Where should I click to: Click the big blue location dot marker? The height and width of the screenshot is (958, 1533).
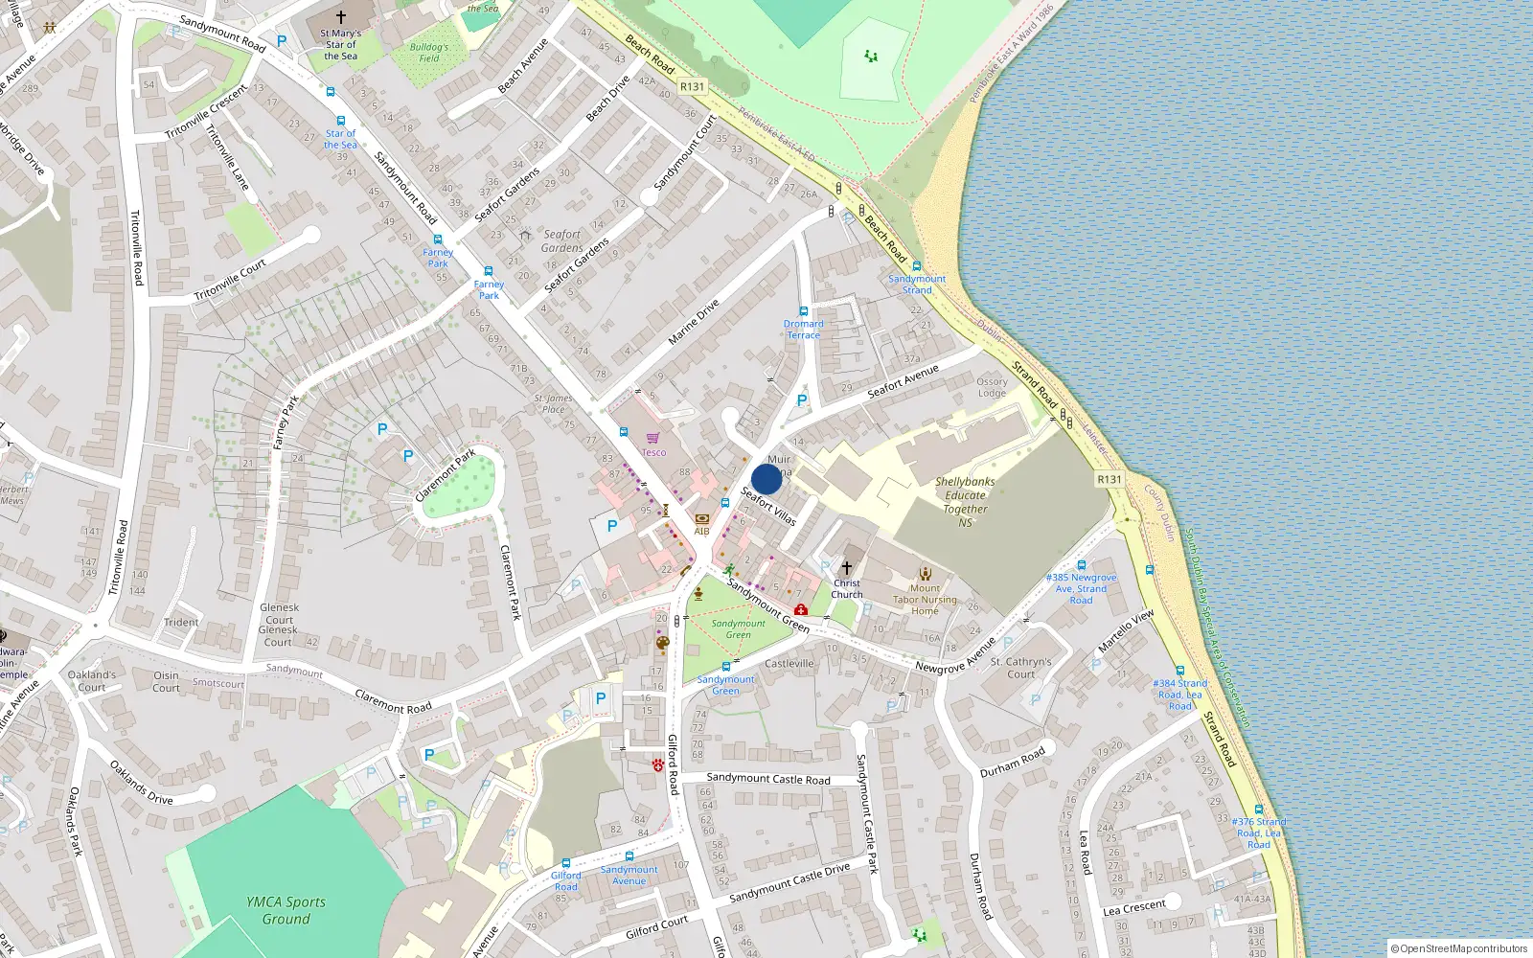click(x=766, y=479)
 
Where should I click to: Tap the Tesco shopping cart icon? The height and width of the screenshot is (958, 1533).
click(x=652, y=438)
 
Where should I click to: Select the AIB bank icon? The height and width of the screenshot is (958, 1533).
click(x=701, y=519)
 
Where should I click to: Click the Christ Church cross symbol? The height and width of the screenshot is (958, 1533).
click(x=846, y=568)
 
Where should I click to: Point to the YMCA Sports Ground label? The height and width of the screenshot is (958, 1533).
click(x=286, y=910)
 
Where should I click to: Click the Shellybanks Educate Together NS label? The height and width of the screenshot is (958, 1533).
click(x=965, y=502)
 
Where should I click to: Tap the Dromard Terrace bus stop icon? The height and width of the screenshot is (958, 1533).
click(x=803, y=311)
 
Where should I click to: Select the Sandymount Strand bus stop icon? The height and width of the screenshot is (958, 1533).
click(x=917, y=266)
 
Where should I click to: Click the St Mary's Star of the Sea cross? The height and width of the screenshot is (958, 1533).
click(x=340, y=17)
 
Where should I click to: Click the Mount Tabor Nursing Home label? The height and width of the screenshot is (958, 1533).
click(x=925, y=600)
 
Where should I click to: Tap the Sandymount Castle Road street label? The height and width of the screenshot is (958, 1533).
click(x=768, y=779)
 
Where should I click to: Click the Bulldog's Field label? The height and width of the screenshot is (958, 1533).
click(x=428, y=53)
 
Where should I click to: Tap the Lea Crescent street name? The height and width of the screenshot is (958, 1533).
click(x=1134, y=907)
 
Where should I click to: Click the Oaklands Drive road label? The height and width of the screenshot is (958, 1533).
click(x=141, y=783)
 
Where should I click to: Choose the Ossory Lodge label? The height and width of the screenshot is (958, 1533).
click(x=992, y=387)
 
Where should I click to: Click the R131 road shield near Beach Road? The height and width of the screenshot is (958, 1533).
click(x=692, y=86)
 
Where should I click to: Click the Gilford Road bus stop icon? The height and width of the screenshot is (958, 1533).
click(x=565, y=863)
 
